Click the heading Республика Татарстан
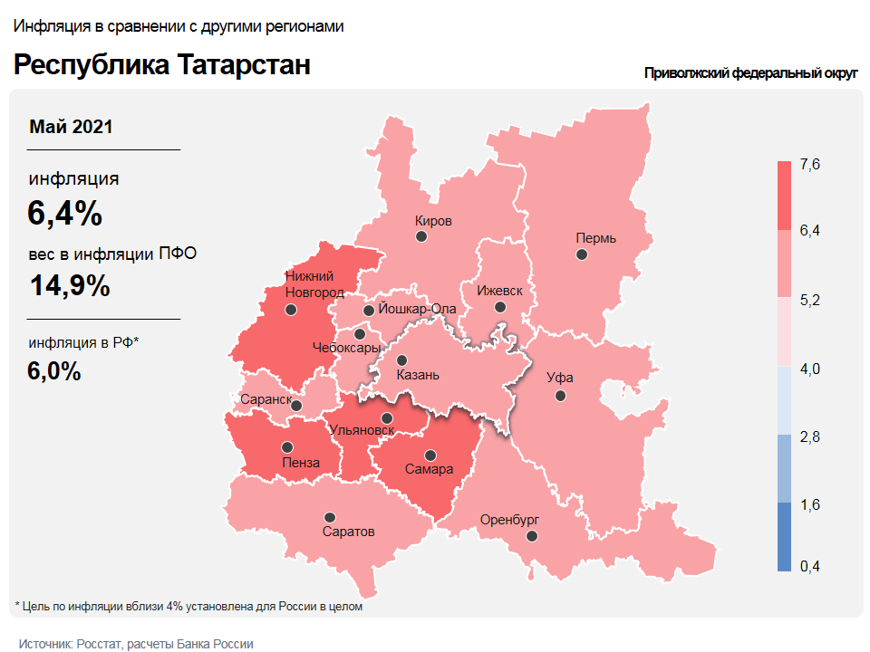[x=162, y=65]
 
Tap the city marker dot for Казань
[x=402, y=360]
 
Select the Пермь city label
[x=595, y=238]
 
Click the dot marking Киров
[x=421, y=236]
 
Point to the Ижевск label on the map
[x=500, y=291]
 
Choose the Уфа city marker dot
[x=561, y=396]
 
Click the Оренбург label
[x=509, y=520]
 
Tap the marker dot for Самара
[x=430, y=455]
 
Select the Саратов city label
[x=348, y=532]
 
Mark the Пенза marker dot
[x=287, y=446]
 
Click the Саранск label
[x=266, y=398]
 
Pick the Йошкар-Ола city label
[x=417, y=308]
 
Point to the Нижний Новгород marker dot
[x=291, y=309]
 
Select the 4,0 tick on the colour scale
[x=809, y=369]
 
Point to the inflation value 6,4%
[x=64, y=214]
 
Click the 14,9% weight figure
[x=70, y=285]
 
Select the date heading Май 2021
[x=71, y=127]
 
